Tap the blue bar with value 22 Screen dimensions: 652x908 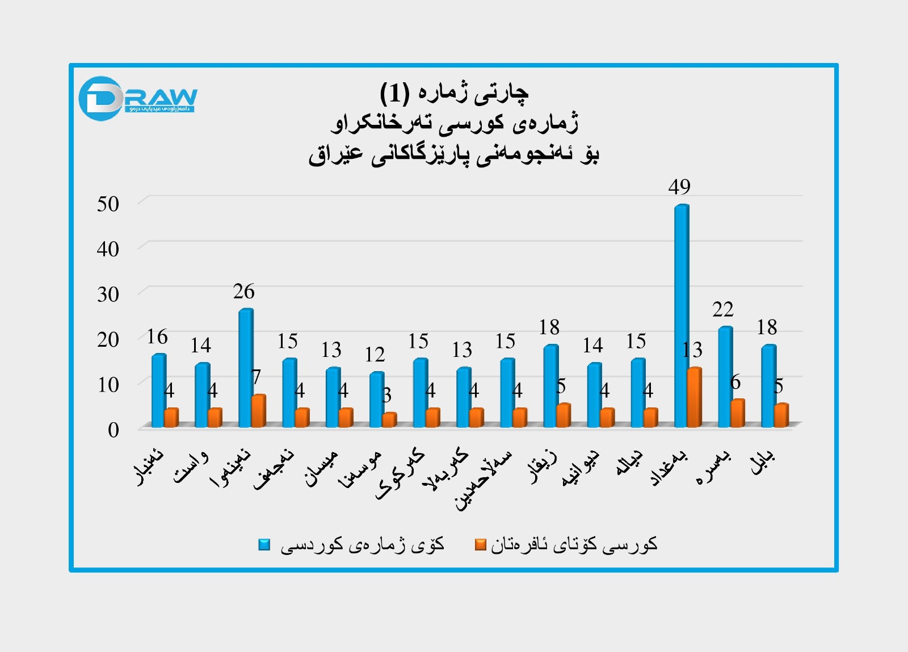click(725, 377)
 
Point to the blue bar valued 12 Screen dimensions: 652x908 click(376, 399)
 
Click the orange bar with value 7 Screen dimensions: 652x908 click(259, 411)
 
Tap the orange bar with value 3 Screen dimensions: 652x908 click(389, 420)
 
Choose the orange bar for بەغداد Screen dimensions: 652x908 click(694, 397)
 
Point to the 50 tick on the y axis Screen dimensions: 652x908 click(108, 204)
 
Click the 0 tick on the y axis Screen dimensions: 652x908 click(113, 430)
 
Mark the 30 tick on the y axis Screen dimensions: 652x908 click(108, 295)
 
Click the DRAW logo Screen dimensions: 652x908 click(138, 99)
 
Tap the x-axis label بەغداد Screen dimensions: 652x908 click(670, 468)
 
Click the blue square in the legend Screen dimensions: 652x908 click(264, 545)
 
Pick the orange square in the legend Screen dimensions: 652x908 click(481, 545)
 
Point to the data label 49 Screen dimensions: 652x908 click(679, 187)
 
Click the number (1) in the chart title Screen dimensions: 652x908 click(394, 92)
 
